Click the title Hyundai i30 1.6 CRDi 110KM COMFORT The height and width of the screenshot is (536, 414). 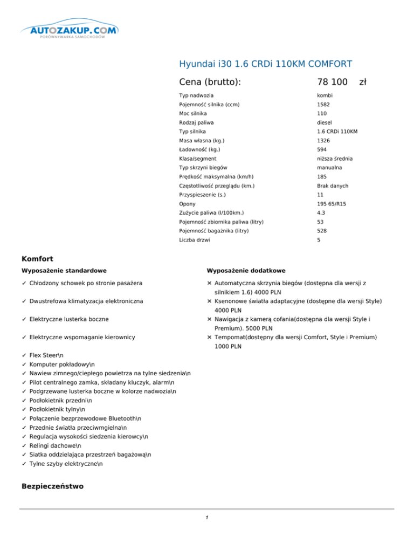[x=266, y=64]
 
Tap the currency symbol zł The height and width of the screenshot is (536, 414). [x=363, y=82]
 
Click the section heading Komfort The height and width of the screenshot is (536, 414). [x=37, y=259]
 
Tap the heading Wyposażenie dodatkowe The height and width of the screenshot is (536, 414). [x=246, y=270]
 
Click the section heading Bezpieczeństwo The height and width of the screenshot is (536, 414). [x=52, y=486]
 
